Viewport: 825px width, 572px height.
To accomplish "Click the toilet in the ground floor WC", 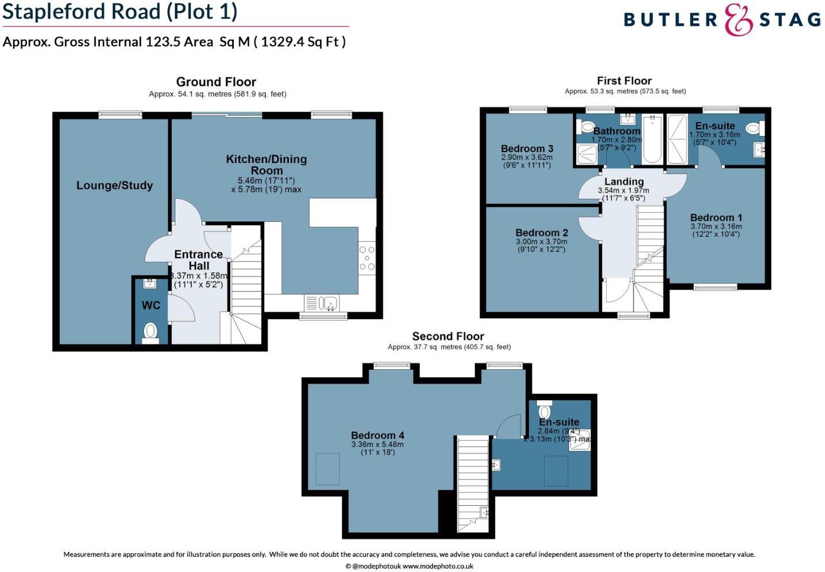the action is pos(150,333).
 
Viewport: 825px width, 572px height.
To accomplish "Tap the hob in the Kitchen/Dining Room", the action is pos(367,258).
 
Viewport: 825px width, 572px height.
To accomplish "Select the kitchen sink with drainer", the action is pos(321,304).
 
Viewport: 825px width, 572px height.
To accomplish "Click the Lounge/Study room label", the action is pos(115,185).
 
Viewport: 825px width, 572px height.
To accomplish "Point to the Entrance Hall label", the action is pos(199,260).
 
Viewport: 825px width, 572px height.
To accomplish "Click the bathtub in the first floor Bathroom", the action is pos(652,139).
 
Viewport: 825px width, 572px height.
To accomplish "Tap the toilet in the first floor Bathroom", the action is pos(586,127).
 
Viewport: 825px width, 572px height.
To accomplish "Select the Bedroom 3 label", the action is pos(527,149).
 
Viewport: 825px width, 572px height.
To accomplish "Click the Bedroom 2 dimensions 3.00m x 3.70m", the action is pos(541,242).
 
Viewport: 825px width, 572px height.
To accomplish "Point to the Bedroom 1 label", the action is pos(716,217).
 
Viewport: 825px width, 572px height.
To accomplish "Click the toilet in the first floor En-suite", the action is pos(755,128).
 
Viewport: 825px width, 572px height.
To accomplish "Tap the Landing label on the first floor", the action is pos(624,181).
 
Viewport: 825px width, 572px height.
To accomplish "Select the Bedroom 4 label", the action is pos(378,435).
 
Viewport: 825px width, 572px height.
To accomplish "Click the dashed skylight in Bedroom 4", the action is pos(328,469).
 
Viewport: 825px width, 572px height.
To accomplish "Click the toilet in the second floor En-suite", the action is pos(545,409).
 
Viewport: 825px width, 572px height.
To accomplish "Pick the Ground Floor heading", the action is pos(216,81).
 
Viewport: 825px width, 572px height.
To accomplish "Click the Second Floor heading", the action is pos(448,336).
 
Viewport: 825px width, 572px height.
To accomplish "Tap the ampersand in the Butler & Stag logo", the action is pos(739,20).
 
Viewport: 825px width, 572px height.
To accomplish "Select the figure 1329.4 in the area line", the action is pos(283,41).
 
